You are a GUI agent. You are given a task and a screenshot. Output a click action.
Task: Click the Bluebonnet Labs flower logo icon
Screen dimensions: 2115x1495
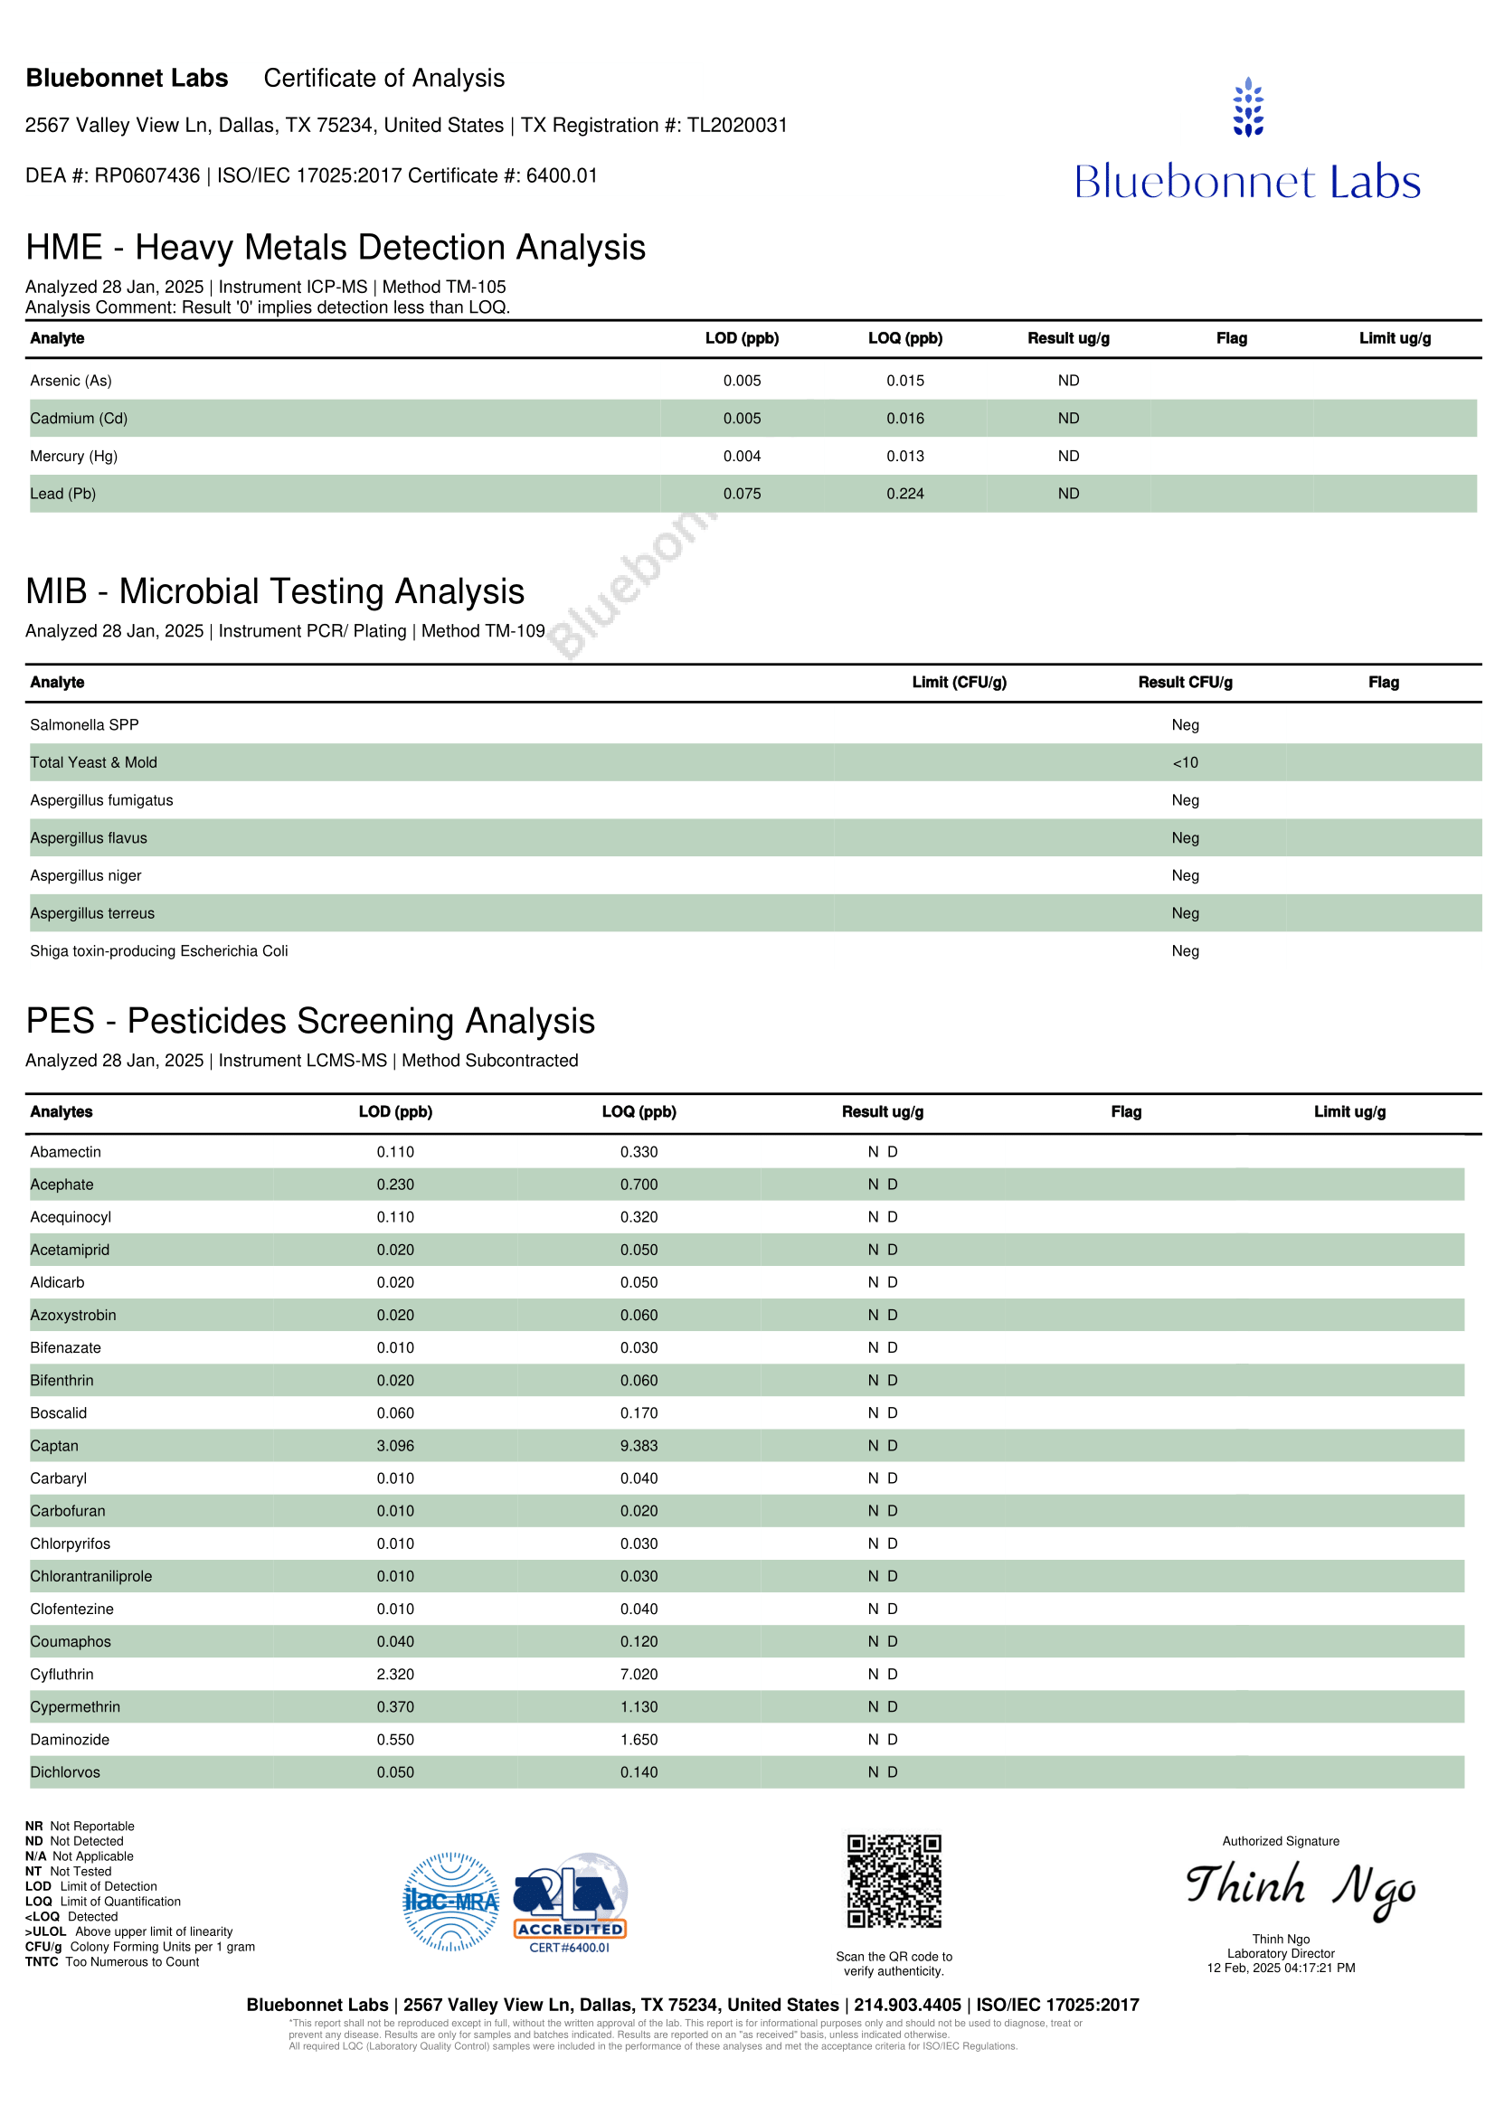pyautogui.click(x=1247, y=108)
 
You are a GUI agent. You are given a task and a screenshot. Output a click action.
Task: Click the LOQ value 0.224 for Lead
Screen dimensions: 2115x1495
pyautogui.click(x=904, y=494)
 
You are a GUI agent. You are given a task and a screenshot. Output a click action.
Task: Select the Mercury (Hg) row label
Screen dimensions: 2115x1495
pyautogui.click(x=73, y=456)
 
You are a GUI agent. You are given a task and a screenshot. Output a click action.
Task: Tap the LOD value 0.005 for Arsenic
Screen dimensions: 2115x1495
pyautogui.click(x=742, y=381)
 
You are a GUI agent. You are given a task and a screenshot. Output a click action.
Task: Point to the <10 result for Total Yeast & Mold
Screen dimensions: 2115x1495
pyautogui.click(x=1185, y=763)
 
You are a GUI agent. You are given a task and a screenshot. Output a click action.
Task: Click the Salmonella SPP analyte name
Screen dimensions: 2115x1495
pyautogui.click(x=84, y=725)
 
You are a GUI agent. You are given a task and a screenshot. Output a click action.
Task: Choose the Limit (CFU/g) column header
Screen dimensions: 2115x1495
pyautogui.click(x=959, y=683)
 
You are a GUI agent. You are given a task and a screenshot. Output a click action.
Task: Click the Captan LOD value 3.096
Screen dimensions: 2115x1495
pyautogui.click(x=395, y=1446)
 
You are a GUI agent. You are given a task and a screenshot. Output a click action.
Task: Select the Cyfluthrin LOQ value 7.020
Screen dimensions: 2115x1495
pyautogui.click(x=639, y=1675)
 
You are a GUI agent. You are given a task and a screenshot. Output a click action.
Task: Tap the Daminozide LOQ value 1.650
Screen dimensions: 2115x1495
pyautogui.click(x=639, y=1740)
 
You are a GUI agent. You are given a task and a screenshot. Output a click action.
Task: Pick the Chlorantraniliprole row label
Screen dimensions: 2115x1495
pyautogui.click(x=91, y=1576)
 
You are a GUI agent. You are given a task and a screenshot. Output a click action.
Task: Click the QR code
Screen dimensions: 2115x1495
pyautogui.click(x=894, y=1881)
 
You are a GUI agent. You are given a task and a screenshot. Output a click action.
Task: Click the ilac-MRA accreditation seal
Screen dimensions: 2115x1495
pyautogui.click(x=451, y=1902)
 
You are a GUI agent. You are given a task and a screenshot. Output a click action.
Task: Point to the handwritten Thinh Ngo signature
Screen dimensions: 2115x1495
pyautogui.click(x=1300, y=1888)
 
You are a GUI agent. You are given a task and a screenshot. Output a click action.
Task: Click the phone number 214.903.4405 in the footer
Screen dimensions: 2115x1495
pyautogui.click(x=907, y=2006)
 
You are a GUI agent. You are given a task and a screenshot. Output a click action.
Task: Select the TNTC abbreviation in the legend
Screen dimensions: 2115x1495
pyautogui.click(x=42, y=1962)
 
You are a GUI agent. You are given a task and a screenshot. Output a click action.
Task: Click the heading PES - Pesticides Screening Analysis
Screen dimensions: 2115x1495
pyautogui.click(x=310, y=1022)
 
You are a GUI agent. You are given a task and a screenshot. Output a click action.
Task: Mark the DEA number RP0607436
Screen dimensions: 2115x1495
pyautogui.click(x=147, y=176)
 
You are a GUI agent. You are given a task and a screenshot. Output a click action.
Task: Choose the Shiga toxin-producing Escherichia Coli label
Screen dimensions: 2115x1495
pyautogui.click(x=158, y=950)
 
